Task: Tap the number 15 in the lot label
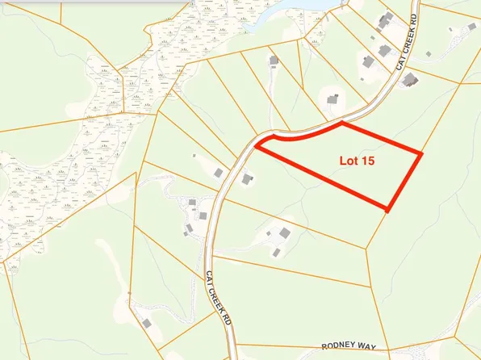coord(374,161)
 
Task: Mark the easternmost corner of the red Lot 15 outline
coord(422,152)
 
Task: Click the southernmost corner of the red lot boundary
coord(388,211)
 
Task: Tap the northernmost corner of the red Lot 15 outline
coord(342,123)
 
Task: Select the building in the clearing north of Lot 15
coord(333,99)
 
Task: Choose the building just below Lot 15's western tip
coord(248,178)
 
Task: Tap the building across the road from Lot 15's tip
coord(218,173)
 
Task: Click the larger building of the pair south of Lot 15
coord(284,233)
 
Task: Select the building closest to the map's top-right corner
coord(473,27)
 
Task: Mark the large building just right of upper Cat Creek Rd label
coord(410,79)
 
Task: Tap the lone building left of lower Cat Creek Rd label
coord(147,323)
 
